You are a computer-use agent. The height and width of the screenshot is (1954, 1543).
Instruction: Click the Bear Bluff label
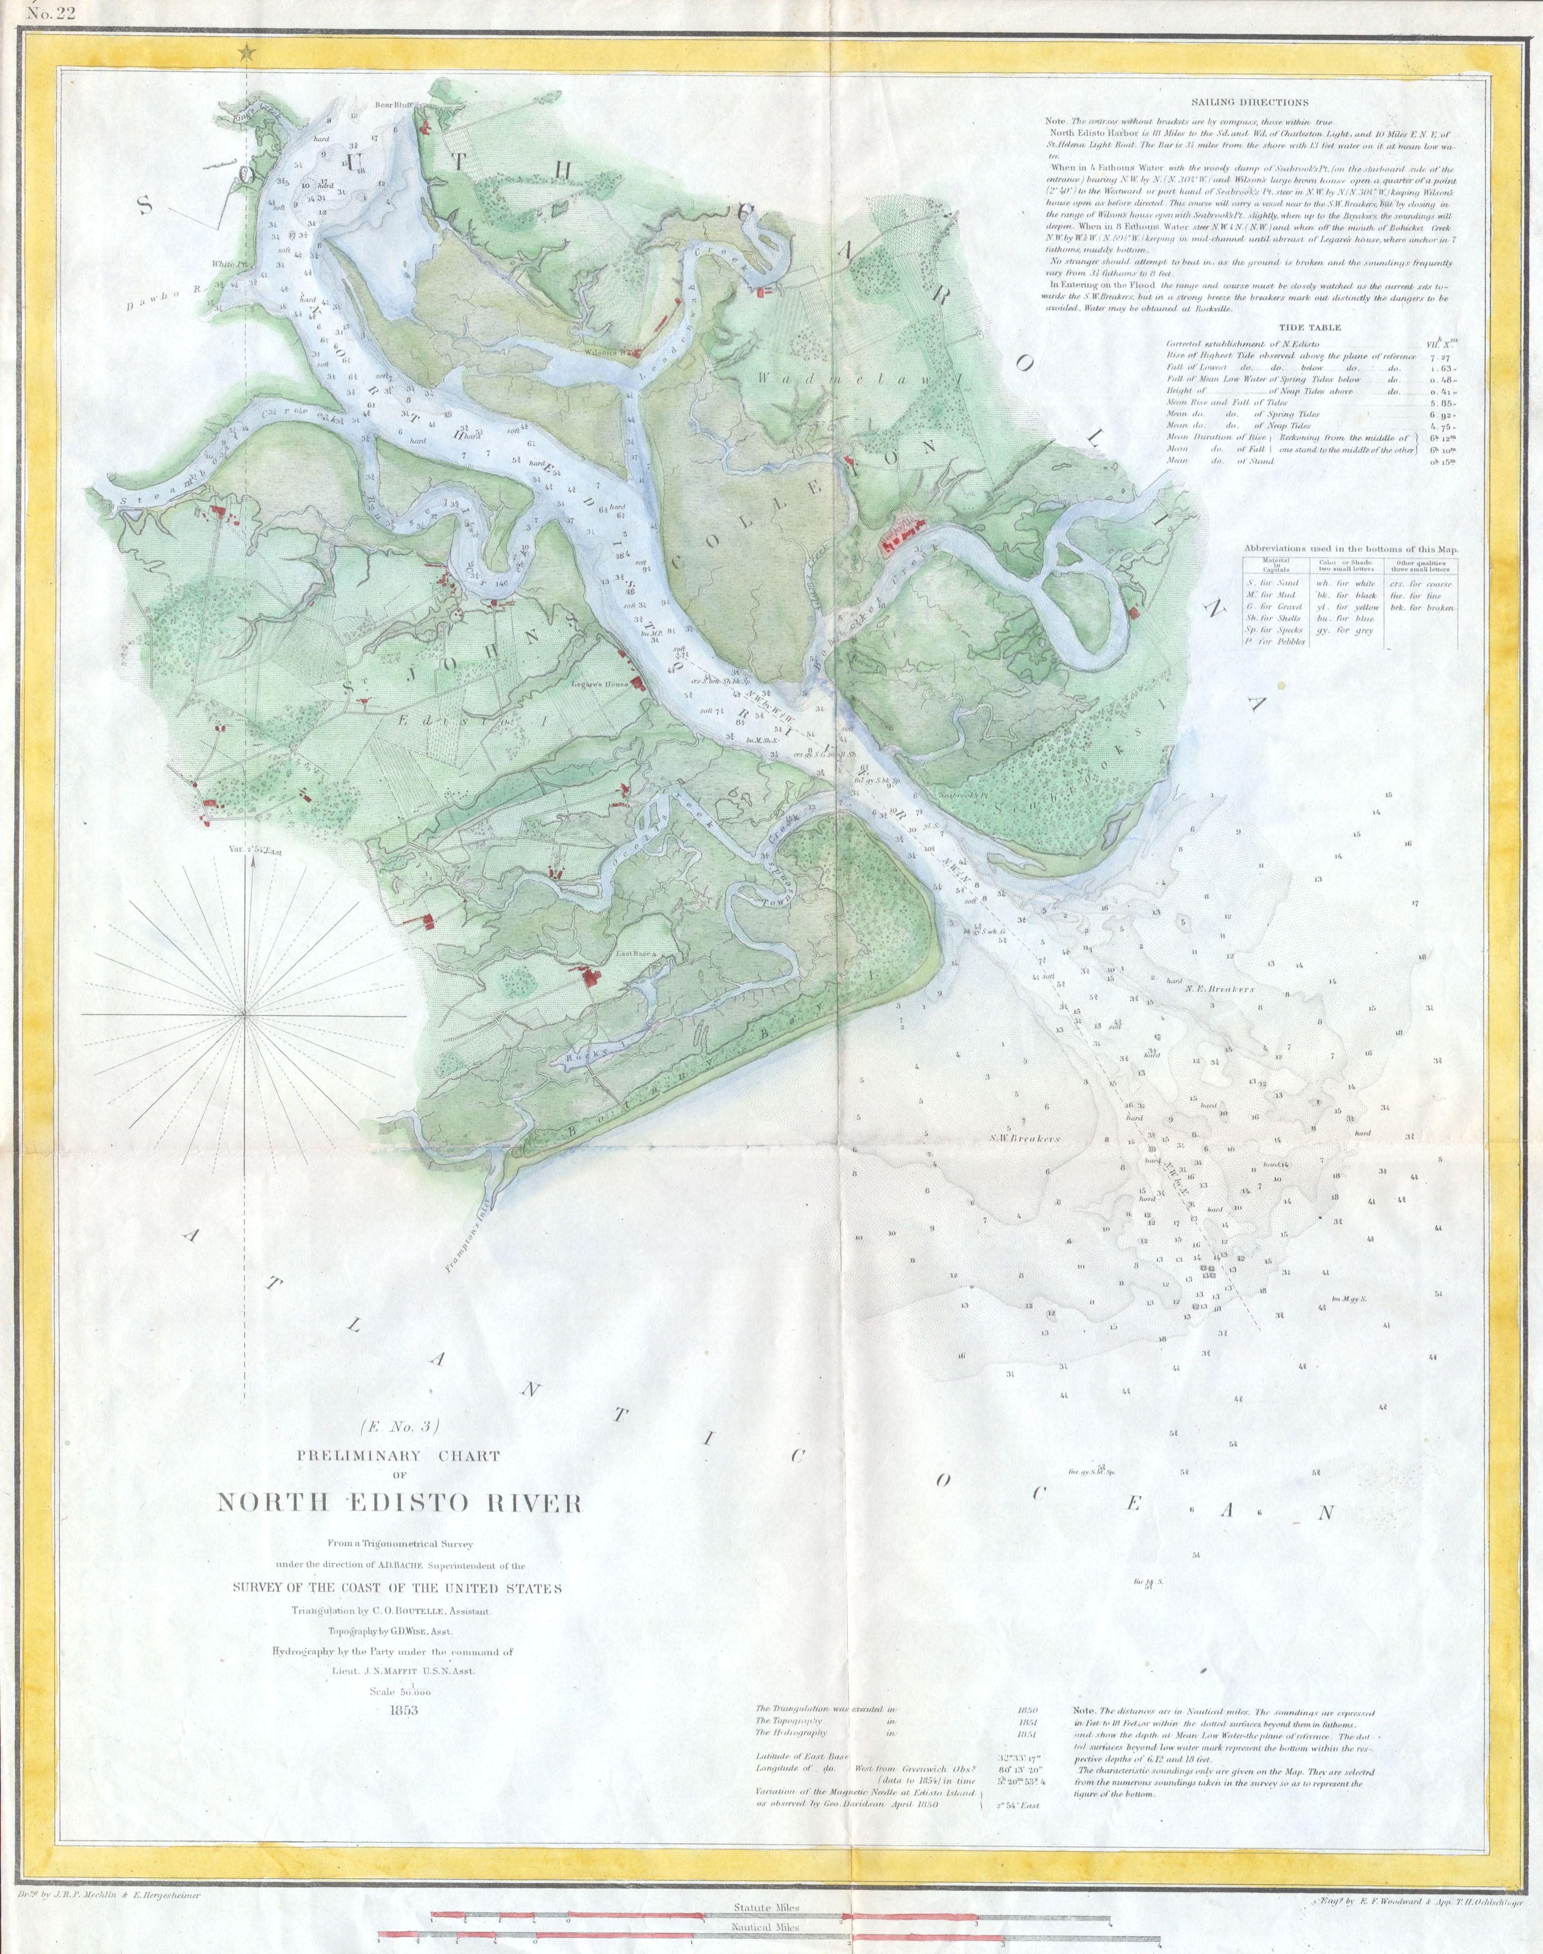pos(393,105)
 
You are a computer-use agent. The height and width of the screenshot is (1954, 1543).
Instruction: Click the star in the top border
pos(245,54)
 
